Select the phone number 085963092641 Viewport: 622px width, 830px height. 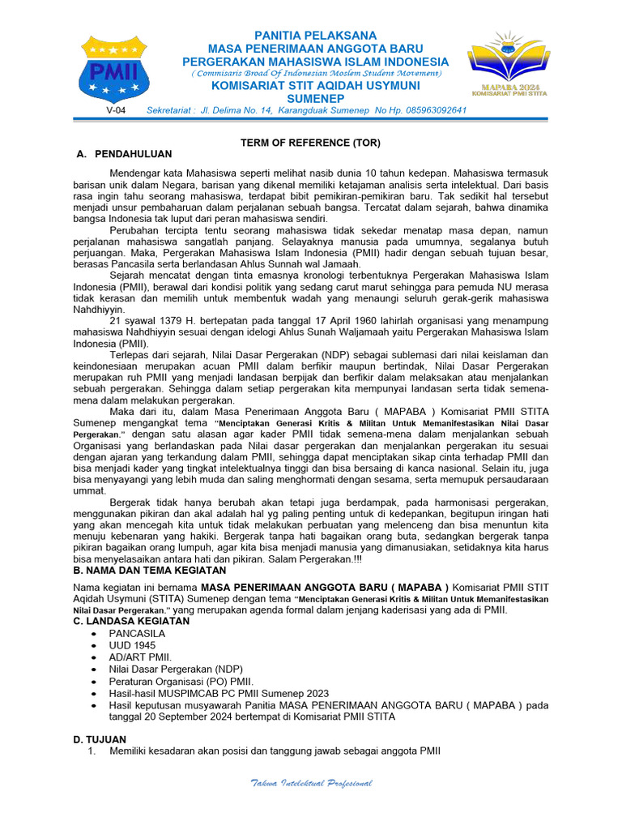coord(430,110)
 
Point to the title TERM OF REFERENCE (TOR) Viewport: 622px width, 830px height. coord(310,143)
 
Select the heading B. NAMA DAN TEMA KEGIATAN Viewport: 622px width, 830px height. coord(151,571)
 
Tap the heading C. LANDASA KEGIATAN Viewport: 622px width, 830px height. coord(131,621)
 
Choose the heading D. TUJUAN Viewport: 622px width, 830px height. coord(100,739)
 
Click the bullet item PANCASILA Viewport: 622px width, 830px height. coord(137,633)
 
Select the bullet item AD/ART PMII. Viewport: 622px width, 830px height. coord(140,657)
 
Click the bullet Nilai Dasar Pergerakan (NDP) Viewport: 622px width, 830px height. coord(176,670)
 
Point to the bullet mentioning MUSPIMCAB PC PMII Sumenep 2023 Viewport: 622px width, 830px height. coord(219,694)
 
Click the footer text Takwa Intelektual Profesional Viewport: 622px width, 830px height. coord(311,783)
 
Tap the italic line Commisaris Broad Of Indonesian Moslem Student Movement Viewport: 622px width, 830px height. coord(316,74)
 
